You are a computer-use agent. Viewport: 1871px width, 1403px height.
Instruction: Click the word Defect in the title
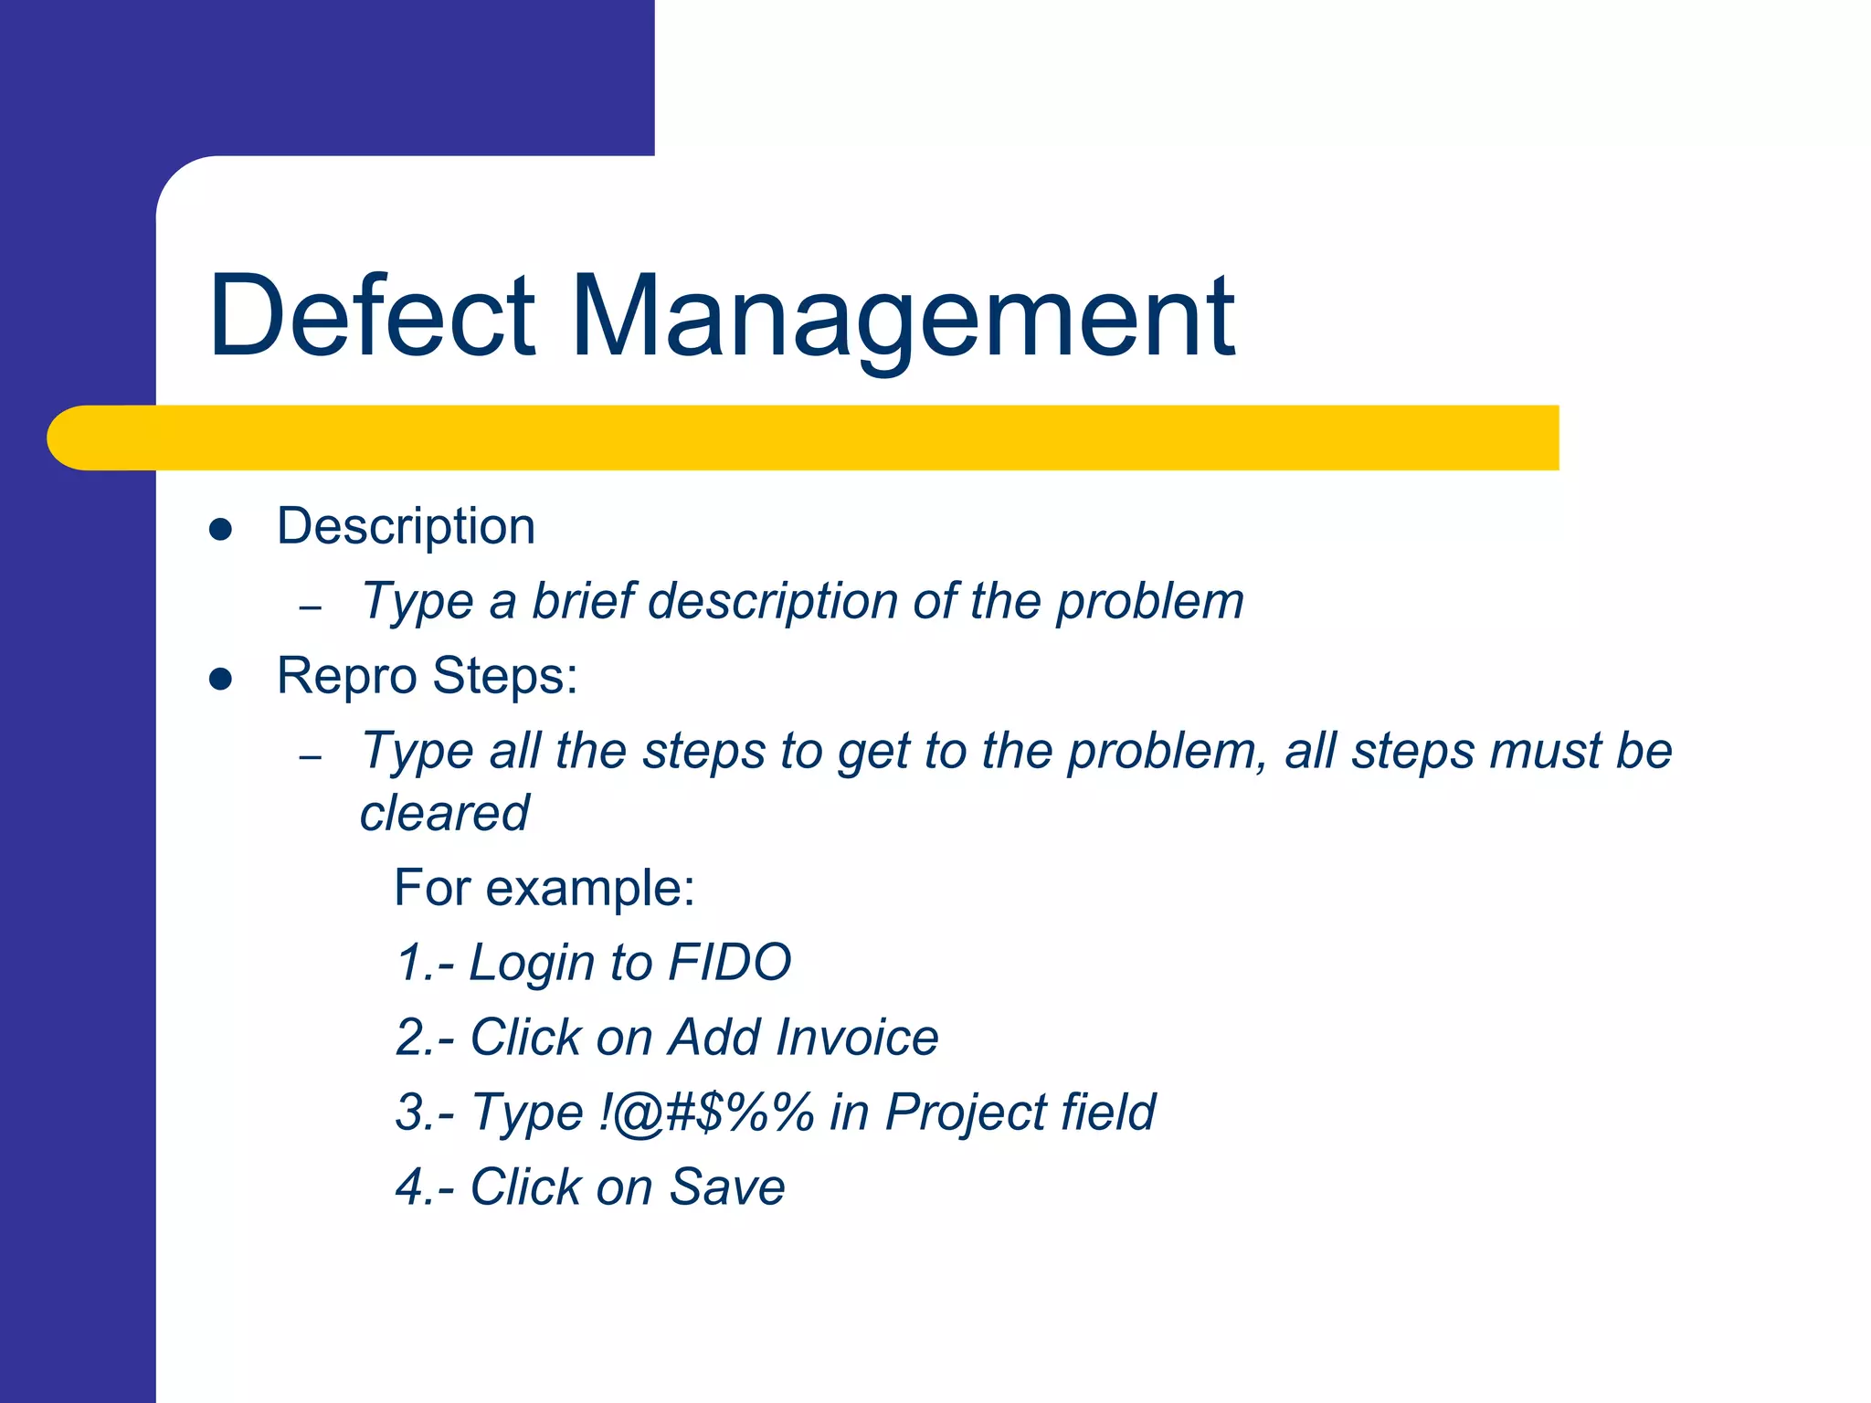[371, 316]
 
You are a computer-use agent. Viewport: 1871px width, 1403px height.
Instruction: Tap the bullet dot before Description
[220, 530]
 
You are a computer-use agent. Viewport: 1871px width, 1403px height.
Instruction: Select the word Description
[406, 528]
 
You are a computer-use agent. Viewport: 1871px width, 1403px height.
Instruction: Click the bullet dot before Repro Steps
[220, 679]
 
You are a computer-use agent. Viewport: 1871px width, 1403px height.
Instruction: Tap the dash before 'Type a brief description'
[311, 607]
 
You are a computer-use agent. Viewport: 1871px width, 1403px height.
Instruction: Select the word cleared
[444, 813]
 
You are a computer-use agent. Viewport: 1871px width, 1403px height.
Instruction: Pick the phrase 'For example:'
[544, 888]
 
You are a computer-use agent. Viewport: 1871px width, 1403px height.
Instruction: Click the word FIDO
[729, 963]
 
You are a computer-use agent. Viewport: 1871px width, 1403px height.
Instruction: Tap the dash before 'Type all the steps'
[311, 757]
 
